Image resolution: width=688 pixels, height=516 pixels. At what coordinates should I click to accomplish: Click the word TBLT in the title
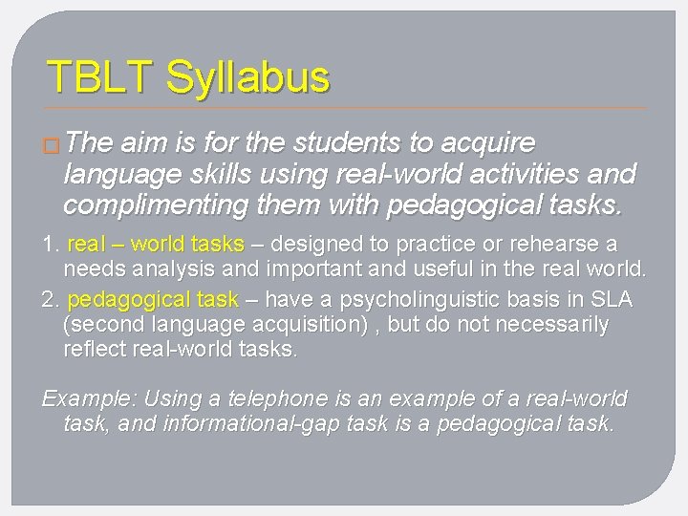coord(100,76)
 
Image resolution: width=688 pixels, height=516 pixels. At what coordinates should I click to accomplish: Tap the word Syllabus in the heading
coord(247,78)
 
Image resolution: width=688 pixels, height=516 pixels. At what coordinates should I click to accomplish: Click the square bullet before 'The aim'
coord(53,145)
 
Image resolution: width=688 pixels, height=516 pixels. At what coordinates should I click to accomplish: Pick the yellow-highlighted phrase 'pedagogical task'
coord(154,299)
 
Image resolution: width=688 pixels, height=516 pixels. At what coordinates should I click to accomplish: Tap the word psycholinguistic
coord(420,299)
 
